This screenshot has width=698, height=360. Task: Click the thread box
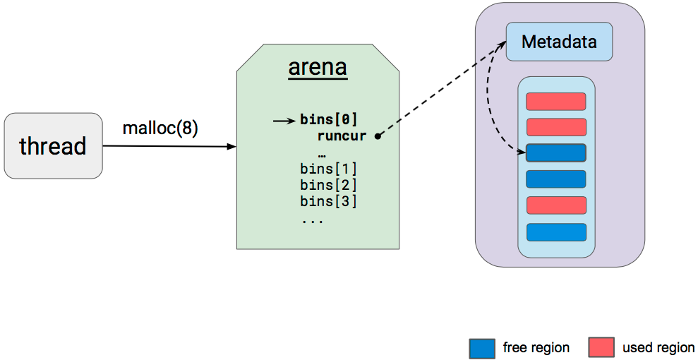[x=54, y=146]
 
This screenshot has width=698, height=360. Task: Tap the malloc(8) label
[x=160, y=128]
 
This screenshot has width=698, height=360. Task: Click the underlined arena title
[x=318, y=68]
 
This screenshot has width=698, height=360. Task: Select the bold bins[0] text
[x=329, y=119]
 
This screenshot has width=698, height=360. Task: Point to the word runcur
[x=342, y=136]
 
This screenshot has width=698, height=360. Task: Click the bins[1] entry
[x=329, y=169]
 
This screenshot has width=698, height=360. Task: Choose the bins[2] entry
[x=329, y=185]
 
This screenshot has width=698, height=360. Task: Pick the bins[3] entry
[x=329, y=201]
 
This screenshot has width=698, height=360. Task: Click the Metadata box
[x=559, y=42]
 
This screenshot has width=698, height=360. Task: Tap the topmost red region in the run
[x=556, y=102]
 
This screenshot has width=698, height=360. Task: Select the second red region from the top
[x=556, y=127]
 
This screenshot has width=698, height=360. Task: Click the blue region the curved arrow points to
[x=556, y=152]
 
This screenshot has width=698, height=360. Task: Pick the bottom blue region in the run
[x=556, y=232]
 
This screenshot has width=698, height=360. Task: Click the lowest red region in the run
[x=556, y=205]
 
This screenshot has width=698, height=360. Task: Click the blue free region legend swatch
[x=482, y=347]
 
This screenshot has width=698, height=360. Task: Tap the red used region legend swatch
[x=601, y=347]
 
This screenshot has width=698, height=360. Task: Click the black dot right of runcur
[x=378, y=137]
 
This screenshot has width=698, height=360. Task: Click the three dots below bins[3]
[x=313, y=221]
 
